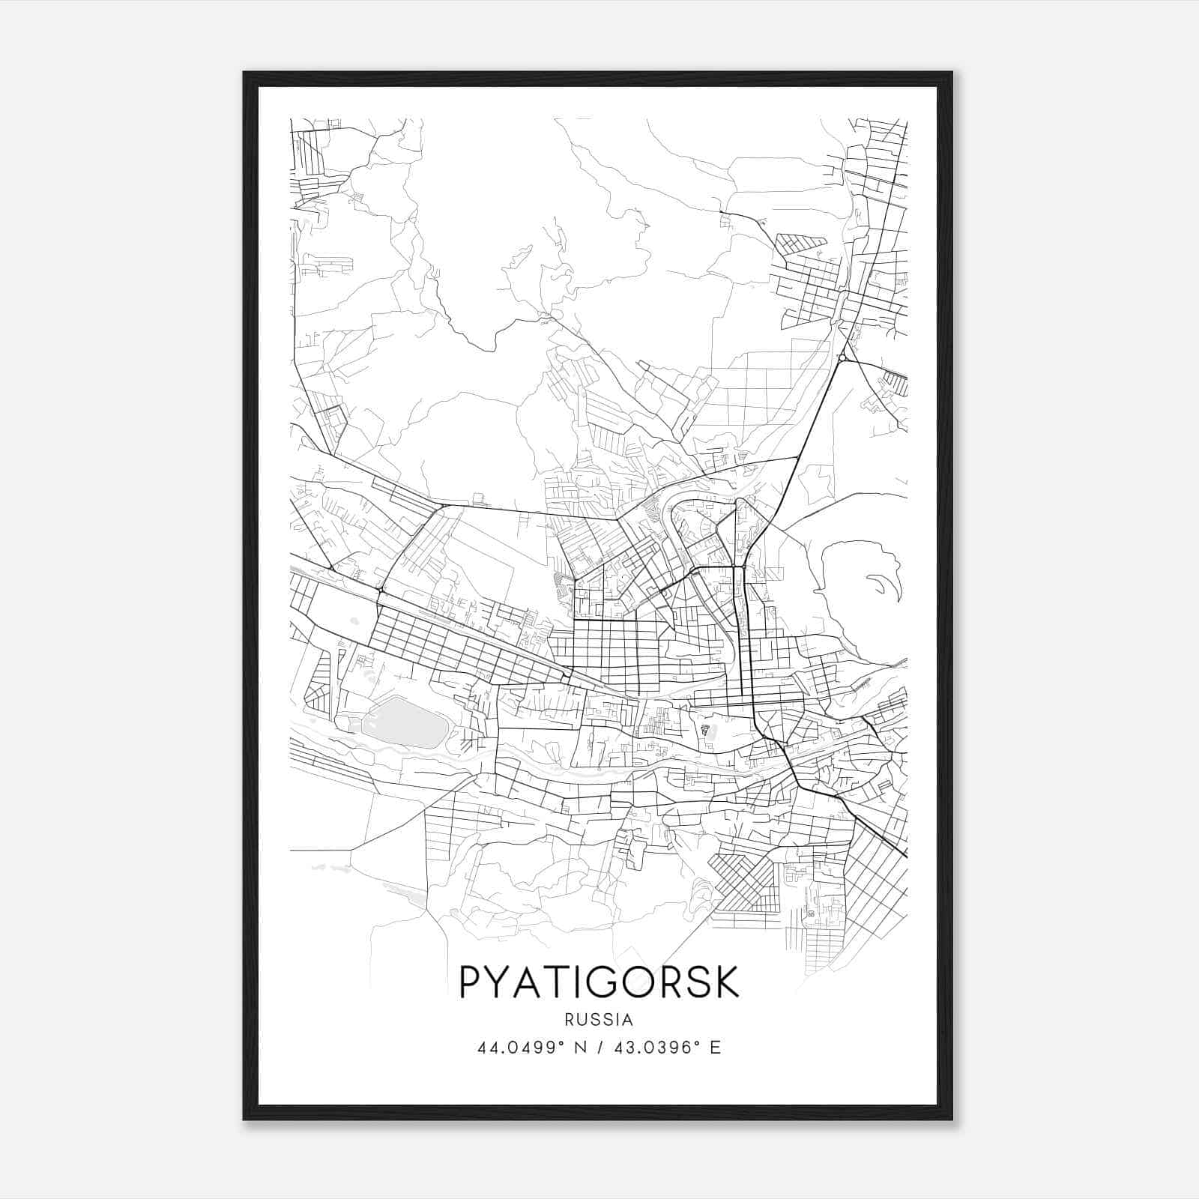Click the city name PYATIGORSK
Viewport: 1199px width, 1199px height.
tap(599, 982)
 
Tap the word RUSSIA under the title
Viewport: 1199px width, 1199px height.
tap(599, 1020)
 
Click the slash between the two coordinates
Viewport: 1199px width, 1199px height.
tap(599, 1048)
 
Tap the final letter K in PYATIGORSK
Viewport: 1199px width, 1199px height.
tap(726, 982)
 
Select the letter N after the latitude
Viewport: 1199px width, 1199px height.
tap(581, 1048)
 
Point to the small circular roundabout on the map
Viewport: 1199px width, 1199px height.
tap(843, 358)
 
